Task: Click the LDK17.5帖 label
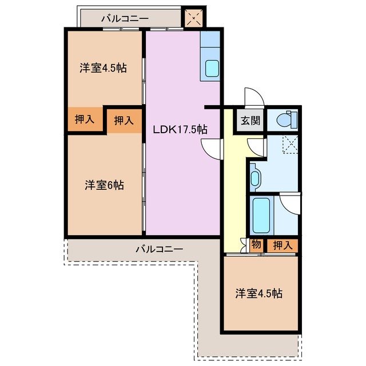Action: pos(179,129)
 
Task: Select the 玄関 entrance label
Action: pos(250,121)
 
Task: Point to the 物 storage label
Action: pos(256,245)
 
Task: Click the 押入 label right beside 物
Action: pos(282,245)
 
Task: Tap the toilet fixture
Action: pos(284,120)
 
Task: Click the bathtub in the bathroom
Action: pos(261,214)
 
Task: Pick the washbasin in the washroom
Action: pos(254,177)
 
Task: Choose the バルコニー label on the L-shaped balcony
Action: pos(159,249)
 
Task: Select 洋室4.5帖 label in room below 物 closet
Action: pos(258,293)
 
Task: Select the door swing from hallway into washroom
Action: pos(257,148)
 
